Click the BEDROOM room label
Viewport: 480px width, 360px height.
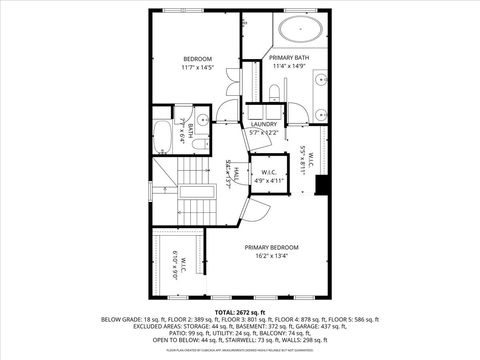(x=196, y=58)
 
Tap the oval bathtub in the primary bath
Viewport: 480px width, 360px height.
(x=300, y=28)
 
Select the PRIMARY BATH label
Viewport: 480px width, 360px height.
(x=288, y=58)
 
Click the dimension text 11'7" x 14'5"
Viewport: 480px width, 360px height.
(x=196, y=67)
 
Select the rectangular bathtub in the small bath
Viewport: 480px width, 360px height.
(x=162, y=131)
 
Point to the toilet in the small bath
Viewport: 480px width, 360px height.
(x=201, y=144)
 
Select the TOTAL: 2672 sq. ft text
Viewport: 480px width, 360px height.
(x=239, y=312)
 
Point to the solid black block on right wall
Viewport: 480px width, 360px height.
(x=320, y=186)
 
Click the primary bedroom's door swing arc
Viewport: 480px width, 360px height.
(x=257, y=210)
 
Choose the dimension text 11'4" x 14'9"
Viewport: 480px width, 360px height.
(x=288, y=67)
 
